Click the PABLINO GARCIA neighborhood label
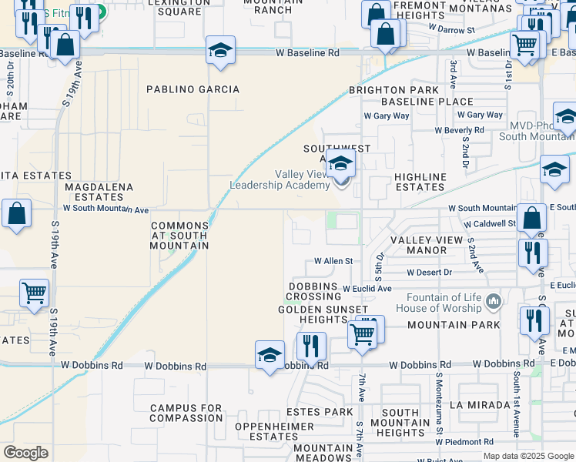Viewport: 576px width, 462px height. point(193,89)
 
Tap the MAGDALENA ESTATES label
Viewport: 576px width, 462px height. point(99,192)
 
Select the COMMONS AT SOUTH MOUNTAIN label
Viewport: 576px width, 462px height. point(179,236)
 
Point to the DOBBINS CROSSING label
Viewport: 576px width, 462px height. point(313,292)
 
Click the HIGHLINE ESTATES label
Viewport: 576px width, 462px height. point(420,182)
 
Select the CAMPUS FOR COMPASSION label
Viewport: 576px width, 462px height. point(186,413)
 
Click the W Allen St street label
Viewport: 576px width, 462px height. point(333,262)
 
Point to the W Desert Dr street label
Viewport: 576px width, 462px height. point(428,273)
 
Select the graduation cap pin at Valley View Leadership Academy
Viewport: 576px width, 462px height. point(340,164)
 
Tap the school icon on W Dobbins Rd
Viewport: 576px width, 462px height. point(270,356)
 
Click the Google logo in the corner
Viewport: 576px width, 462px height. point(25,453)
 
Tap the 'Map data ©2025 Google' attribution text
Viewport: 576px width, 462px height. point(528,456)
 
